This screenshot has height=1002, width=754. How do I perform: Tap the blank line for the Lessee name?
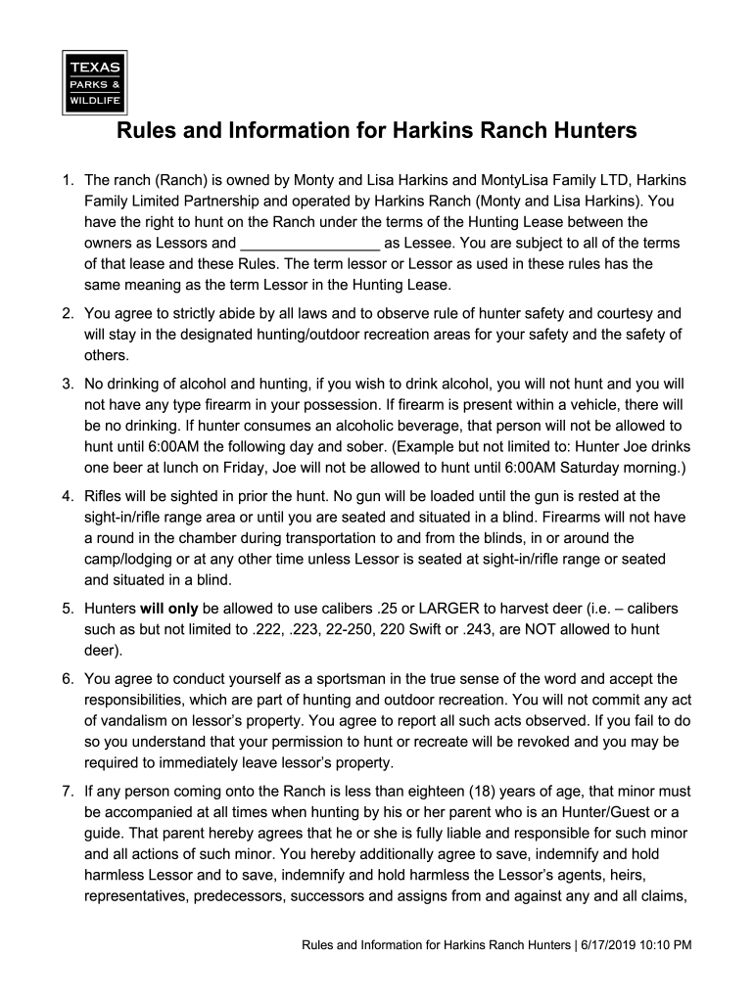coord(309,243)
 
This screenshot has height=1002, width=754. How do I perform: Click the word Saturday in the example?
coord(554,467)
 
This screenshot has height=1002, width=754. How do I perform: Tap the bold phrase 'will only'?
coord(169,609)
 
